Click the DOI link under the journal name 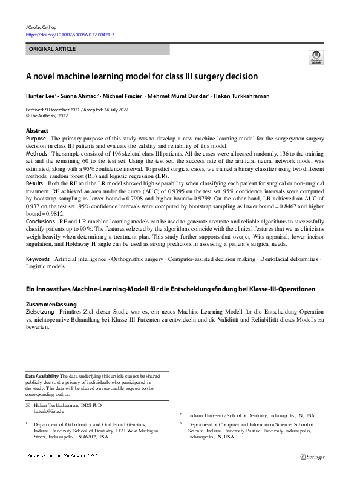coord(70,36)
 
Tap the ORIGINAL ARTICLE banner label coord(51,50)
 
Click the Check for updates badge coord(315,58)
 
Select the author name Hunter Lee coord(40,96)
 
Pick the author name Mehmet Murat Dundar coord(177,96)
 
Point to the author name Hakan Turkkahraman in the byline coord(241,96)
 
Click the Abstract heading coord(37,131)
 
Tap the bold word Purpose coord(36,139)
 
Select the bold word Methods coord(36,154)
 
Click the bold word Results coord(34,183)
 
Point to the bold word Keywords coord(38,259)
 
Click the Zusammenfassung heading coord(51,305)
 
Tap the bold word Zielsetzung coord(40,312)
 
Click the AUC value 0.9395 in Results coord(178,191)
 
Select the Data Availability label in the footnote coord(42,376)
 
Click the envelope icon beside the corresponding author coord(28,405)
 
